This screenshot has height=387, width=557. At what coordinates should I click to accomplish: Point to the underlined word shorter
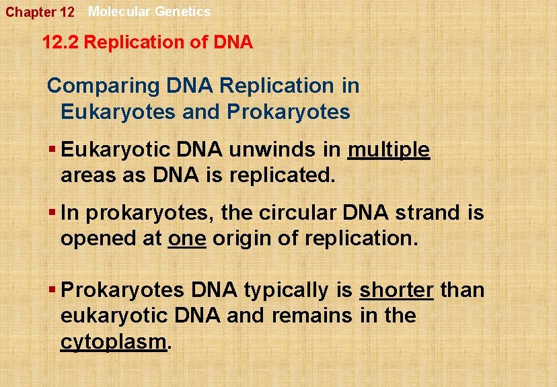point(396,290)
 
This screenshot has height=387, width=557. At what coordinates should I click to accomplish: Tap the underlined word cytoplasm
point(113,341)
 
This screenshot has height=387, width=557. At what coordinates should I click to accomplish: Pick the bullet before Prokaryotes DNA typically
point(52,290)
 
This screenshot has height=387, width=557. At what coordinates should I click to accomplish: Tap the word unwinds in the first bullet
point(274,150)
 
